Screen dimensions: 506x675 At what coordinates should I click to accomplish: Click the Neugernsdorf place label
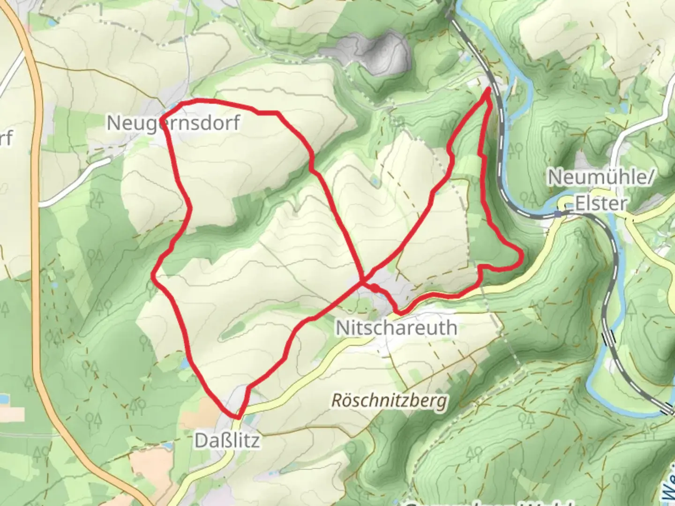click(173, 123)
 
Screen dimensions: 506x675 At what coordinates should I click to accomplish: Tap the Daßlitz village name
click(227, 440)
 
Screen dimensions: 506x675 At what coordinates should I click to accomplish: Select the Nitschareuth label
click(396, 327)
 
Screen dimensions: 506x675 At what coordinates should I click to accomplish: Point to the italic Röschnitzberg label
click(389, 401)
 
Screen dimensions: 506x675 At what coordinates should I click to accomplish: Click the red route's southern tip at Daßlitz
click(238, 417)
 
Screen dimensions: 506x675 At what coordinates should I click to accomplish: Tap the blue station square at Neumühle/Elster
click(557, 214)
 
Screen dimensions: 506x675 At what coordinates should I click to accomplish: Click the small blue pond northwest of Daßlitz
click(186, 362)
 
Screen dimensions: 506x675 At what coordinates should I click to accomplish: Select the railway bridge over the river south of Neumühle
click(610, 336)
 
